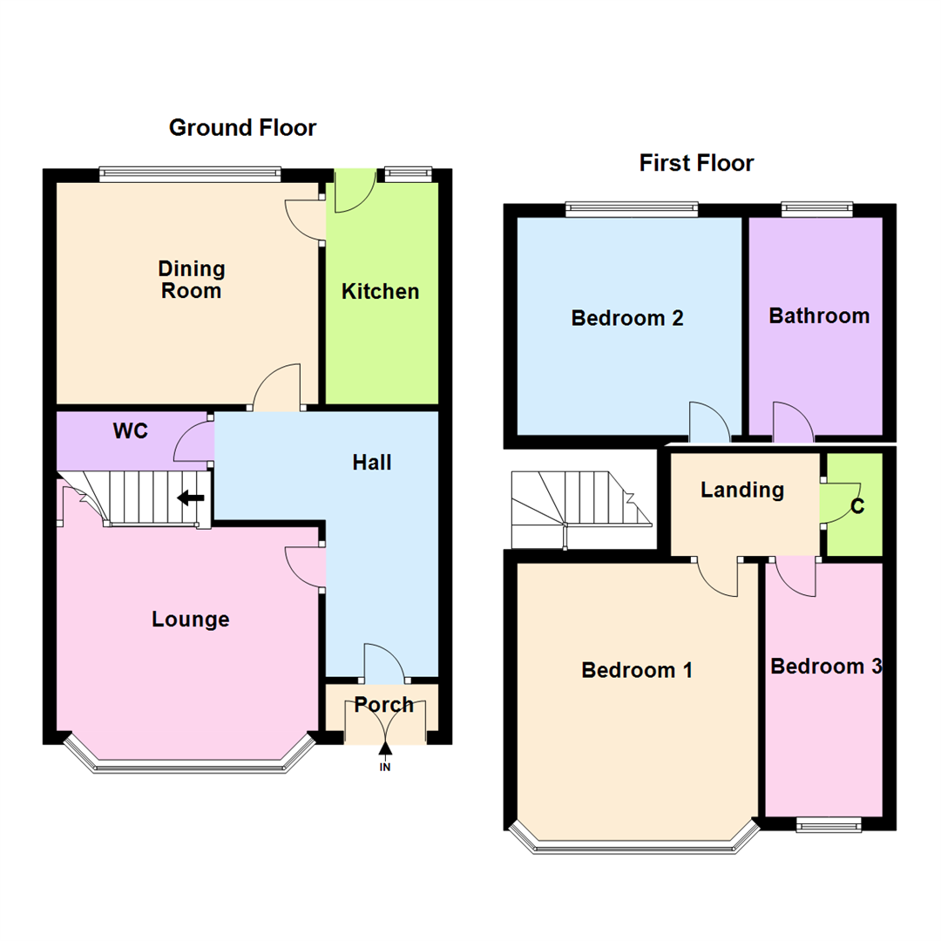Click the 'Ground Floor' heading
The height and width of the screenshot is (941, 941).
pos(242,129)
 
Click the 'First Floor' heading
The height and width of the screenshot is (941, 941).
pos(696,163)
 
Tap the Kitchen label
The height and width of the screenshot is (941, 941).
pos(380,292)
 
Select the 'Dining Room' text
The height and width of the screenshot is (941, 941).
pos(192,280)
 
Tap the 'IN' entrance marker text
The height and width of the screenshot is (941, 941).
pos(384,768)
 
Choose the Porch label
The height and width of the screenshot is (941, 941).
pos(384,705)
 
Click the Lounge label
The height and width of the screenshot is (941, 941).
pos(191,619)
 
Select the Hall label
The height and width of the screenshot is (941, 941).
pos(372,463)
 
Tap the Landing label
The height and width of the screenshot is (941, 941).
pos(742,491)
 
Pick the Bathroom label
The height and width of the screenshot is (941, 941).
pos(819,315)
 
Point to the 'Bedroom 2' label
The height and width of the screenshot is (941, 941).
pos(627,318)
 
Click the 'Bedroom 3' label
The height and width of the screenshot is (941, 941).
pos(826,667)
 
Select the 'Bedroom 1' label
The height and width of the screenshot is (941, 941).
pos(637,670)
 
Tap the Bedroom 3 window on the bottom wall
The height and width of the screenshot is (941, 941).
pos(829,824)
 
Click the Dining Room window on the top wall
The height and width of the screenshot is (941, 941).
pos(190,174)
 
